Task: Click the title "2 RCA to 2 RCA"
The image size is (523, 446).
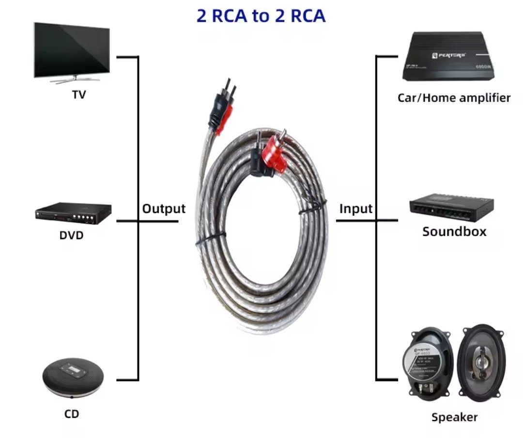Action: coord(261,16)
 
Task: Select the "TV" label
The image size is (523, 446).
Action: coord(79,95)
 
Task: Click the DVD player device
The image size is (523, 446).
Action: coord(73,213)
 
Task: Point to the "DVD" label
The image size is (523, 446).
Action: coord(72,236)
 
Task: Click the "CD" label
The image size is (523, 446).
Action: coord(71,414)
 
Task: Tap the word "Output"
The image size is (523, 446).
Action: coord(164,209)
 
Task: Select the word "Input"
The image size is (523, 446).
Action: coord(356,209)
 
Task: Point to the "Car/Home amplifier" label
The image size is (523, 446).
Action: coord(454,98)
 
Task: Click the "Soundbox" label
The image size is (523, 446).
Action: coord(454,231)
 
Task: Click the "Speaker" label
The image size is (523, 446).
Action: coord(454,417)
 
